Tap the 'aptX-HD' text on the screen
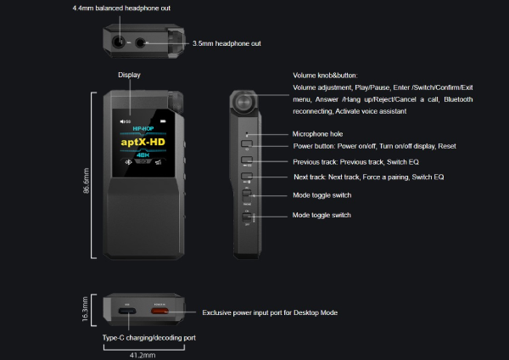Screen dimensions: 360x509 click(142, 142)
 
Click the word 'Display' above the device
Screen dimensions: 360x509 click(129, 75)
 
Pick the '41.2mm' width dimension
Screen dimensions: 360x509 click(141, 354)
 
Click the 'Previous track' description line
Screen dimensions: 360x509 click(368, 161)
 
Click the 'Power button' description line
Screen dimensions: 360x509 click(374, 147)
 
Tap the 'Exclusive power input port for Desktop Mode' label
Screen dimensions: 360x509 click(270, 312)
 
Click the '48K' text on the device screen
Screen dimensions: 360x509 click(142, 155)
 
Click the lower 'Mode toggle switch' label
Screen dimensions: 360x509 click(322, 216)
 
